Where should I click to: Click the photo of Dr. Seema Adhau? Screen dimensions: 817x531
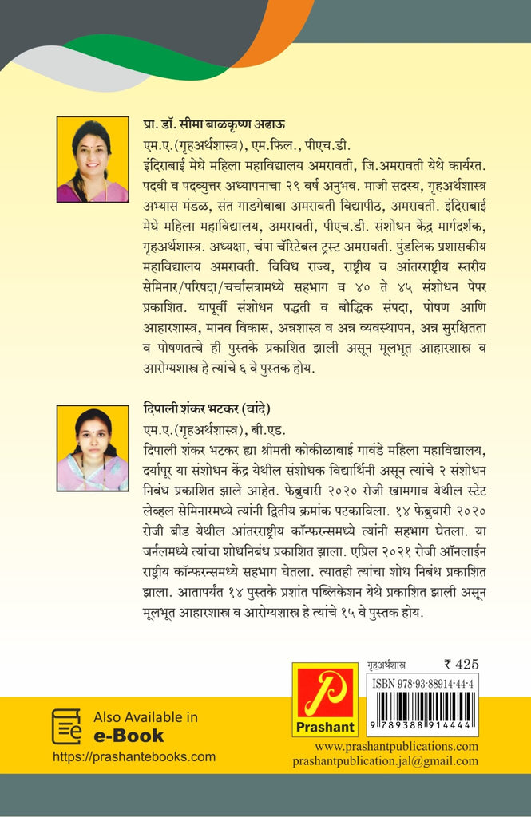pyautogui.click(x=93, y=160)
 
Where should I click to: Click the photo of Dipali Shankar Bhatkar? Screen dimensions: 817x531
pyautogui.click(x=93, y=448)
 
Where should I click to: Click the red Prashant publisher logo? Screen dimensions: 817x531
pyautogui.click(x=325, y=693)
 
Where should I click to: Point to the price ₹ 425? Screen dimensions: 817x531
pyautogui.click(x=461, y=664)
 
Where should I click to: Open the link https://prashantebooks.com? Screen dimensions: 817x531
pyautogui.click(x=134, y=756)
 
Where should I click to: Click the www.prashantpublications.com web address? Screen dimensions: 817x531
pyautogui.click(x=396, y=747)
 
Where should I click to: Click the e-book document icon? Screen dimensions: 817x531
pyautogui.click(x=67, y=726)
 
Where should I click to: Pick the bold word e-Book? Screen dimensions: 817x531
pyautogui.click(x=129, y=736)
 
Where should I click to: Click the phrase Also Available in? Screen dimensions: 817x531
pyautogui.click(x=145, y=717)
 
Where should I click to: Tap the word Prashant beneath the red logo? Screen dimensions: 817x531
pyautogui.click(x=325, y=727)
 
